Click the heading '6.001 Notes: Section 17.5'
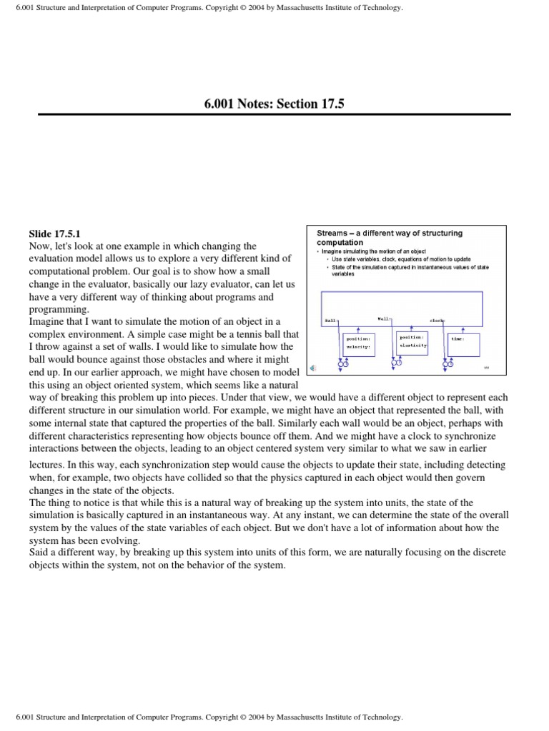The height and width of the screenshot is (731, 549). (274, 104)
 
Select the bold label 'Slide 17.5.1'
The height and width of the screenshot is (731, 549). (55, 233)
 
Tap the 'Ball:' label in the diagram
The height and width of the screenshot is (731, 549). (330, 321)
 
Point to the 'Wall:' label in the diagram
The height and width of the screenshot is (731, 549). (384, 318)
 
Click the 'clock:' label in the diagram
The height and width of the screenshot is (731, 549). (437, 321)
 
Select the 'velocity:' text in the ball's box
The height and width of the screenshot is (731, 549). (358, 347)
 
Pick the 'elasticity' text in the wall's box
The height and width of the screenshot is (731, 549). (412, 346)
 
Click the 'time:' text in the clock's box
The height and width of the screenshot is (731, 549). (457, 338)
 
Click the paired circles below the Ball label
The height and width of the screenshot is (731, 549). (342, 365)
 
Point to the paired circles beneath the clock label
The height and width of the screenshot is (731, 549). (448, 365)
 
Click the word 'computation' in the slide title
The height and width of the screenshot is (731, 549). (340, 243)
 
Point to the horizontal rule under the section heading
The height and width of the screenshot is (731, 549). (274, 114)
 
